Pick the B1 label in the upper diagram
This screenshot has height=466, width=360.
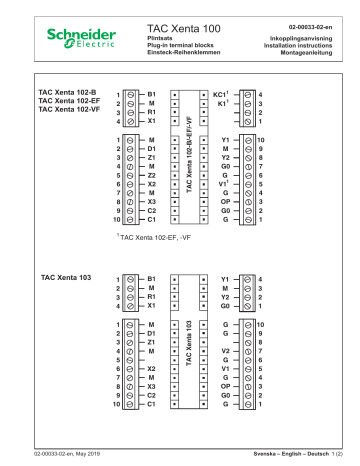click(x=152, y=92)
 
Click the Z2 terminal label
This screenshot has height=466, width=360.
click(x=152, y=175)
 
